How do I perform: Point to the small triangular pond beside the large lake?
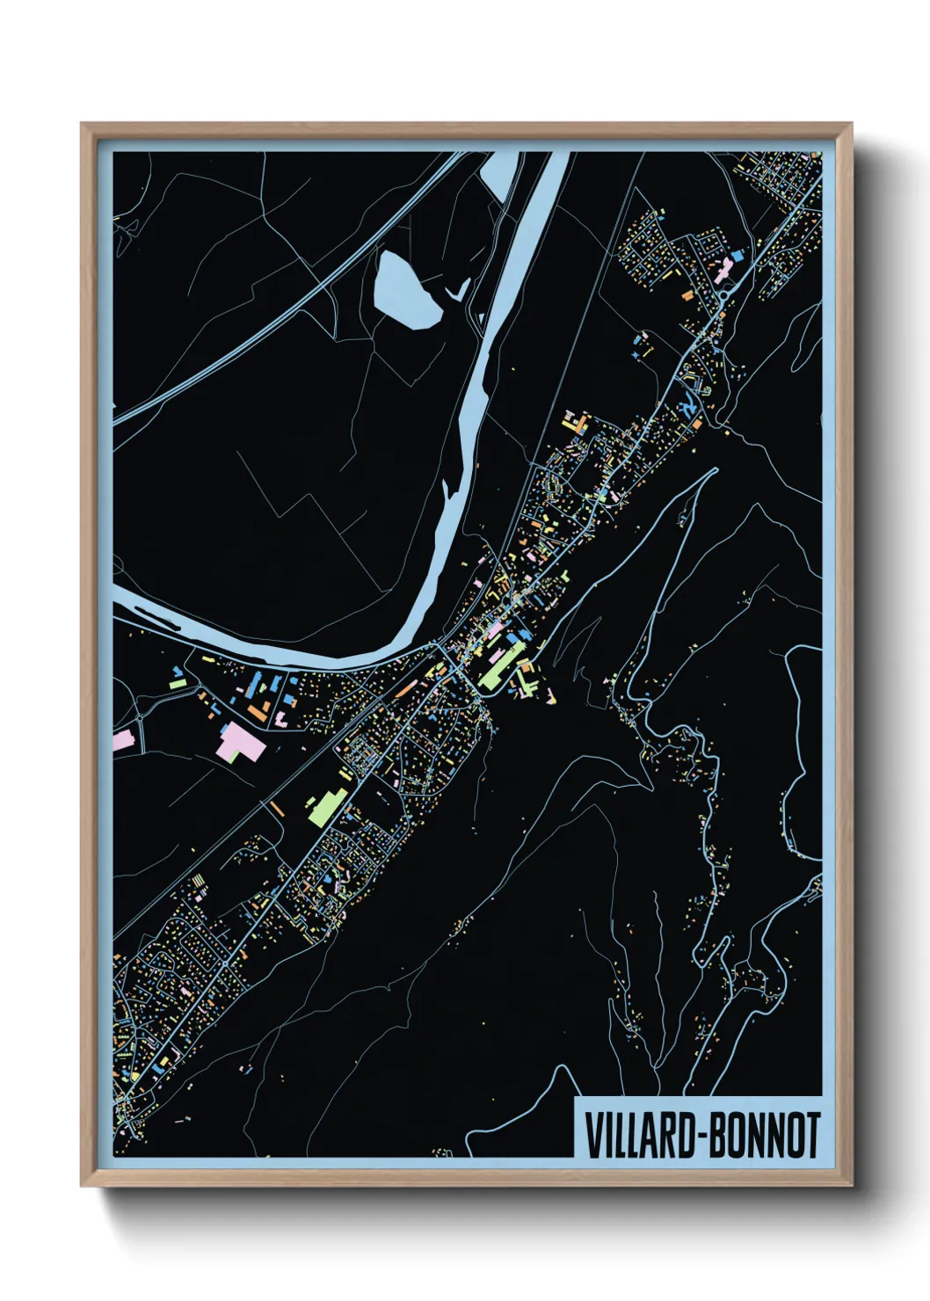click(458, 289)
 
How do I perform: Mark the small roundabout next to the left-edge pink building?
click(140, 717)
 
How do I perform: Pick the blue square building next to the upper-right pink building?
click(737, 256)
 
